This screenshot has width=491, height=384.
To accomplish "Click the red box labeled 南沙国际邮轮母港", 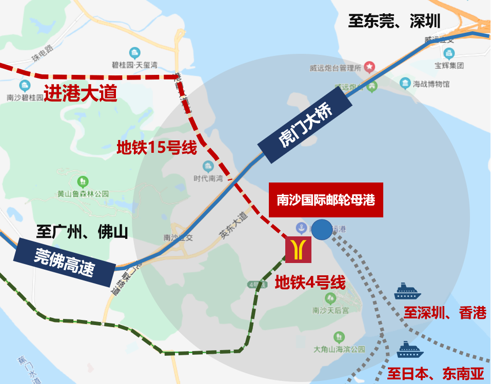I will [326, 200].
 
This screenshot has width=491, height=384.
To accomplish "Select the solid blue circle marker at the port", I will [322, 230].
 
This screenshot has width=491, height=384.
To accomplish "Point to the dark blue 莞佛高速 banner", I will [64, 261].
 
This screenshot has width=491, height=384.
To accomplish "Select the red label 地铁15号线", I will [156, 148].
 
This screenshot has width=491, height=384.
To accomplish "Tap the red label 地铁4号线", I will [310, 282].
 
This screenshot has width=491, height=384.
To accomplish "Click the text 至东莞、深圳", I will [394, 21].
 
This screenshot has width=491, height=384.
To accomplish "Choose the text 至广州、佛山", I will [82, 232].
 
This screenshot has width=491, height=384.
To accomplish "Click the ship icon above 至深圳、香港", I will [407, 292].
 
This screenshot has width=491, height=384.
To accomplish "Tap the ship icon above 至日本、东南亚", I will [410, 350].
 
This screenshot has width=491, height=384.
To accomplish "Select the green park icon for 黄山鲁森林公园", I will [82, 181].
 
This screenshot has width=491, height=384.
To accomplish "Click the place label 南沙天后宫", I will [330, 310].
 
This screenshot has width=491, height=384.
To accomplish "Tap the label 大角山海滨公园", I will [339, 349].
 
